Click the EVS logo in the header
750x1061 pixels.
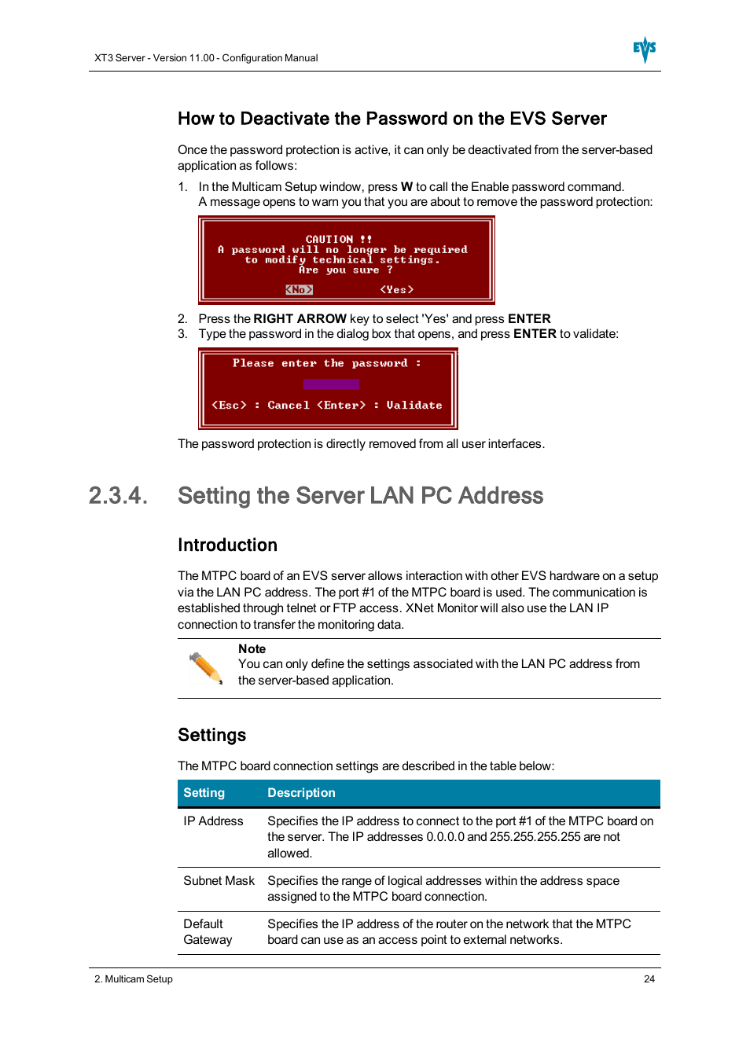click(x=645, y=50)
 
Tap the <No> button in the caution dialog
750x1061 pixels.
click(x=299, y=290)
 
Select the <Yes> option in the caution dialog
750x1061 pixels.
click(x=396, y=290)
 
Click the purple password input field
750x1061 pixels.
click(x=331, y=384)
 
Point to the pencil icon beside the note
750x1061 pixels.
click(x=206, y=668)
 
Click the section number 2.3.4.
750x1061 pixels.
click(x=118, y=496)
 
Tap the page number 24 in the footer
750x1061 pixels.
click(x=649, y=979)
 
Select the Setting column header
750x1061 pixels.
click(x=204, y=793)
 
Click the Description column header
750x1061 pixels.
click(x=301, y=793)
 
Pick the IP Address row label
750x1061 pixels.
click(x=213, y=821)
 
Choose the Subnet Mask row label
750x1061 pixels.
click(x=219, y=881)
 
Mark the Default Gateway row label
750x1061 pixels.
click(x=208, y=932)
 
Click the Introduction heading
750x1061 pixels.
click(x=227, y=545)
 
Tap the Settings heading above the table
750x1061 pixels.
click(x=211, y=736)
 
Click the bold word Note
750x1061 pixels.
click(x=252, y=649)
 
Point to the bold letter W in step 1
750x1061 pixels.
click(x=406, y=187)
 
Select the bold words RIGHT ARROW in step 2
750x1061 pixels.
click(x=300, y=319)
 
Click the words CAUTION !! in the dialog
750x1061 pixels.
click(x=338, y=239)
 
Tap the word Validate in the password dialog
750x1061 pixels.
click(x=414, y=406)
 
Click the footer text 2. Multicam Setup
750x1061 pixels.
click(x=134, y=979)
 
